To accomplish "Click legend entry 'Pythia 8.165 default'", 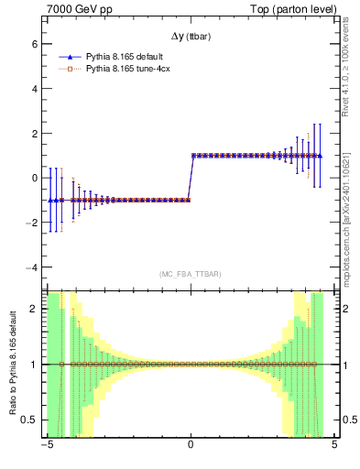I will (x=125, y=57).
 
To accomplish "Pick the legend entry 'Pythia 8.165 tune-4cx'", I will (x=128, y=68).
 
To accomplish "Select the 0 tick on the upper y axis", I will (x=34, y=178).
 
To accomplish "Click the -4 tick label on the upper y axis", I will (x=30, y=267).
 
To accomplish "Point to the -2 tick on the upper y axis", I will (x=30, y=223).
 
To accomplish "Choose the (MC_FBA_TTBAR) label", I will (x=191, y=274).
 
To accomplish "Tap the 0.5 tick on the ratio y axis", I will (x=29, y=420).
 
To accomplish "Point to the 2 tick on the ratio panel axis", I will (x=34, y=309).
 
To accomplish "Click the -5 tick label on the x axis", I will (x=46, y=446).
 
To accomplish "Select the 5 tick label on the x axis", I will (x=334, y=446).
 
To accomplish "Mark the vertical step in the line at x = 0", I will (x=191, y=178).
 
